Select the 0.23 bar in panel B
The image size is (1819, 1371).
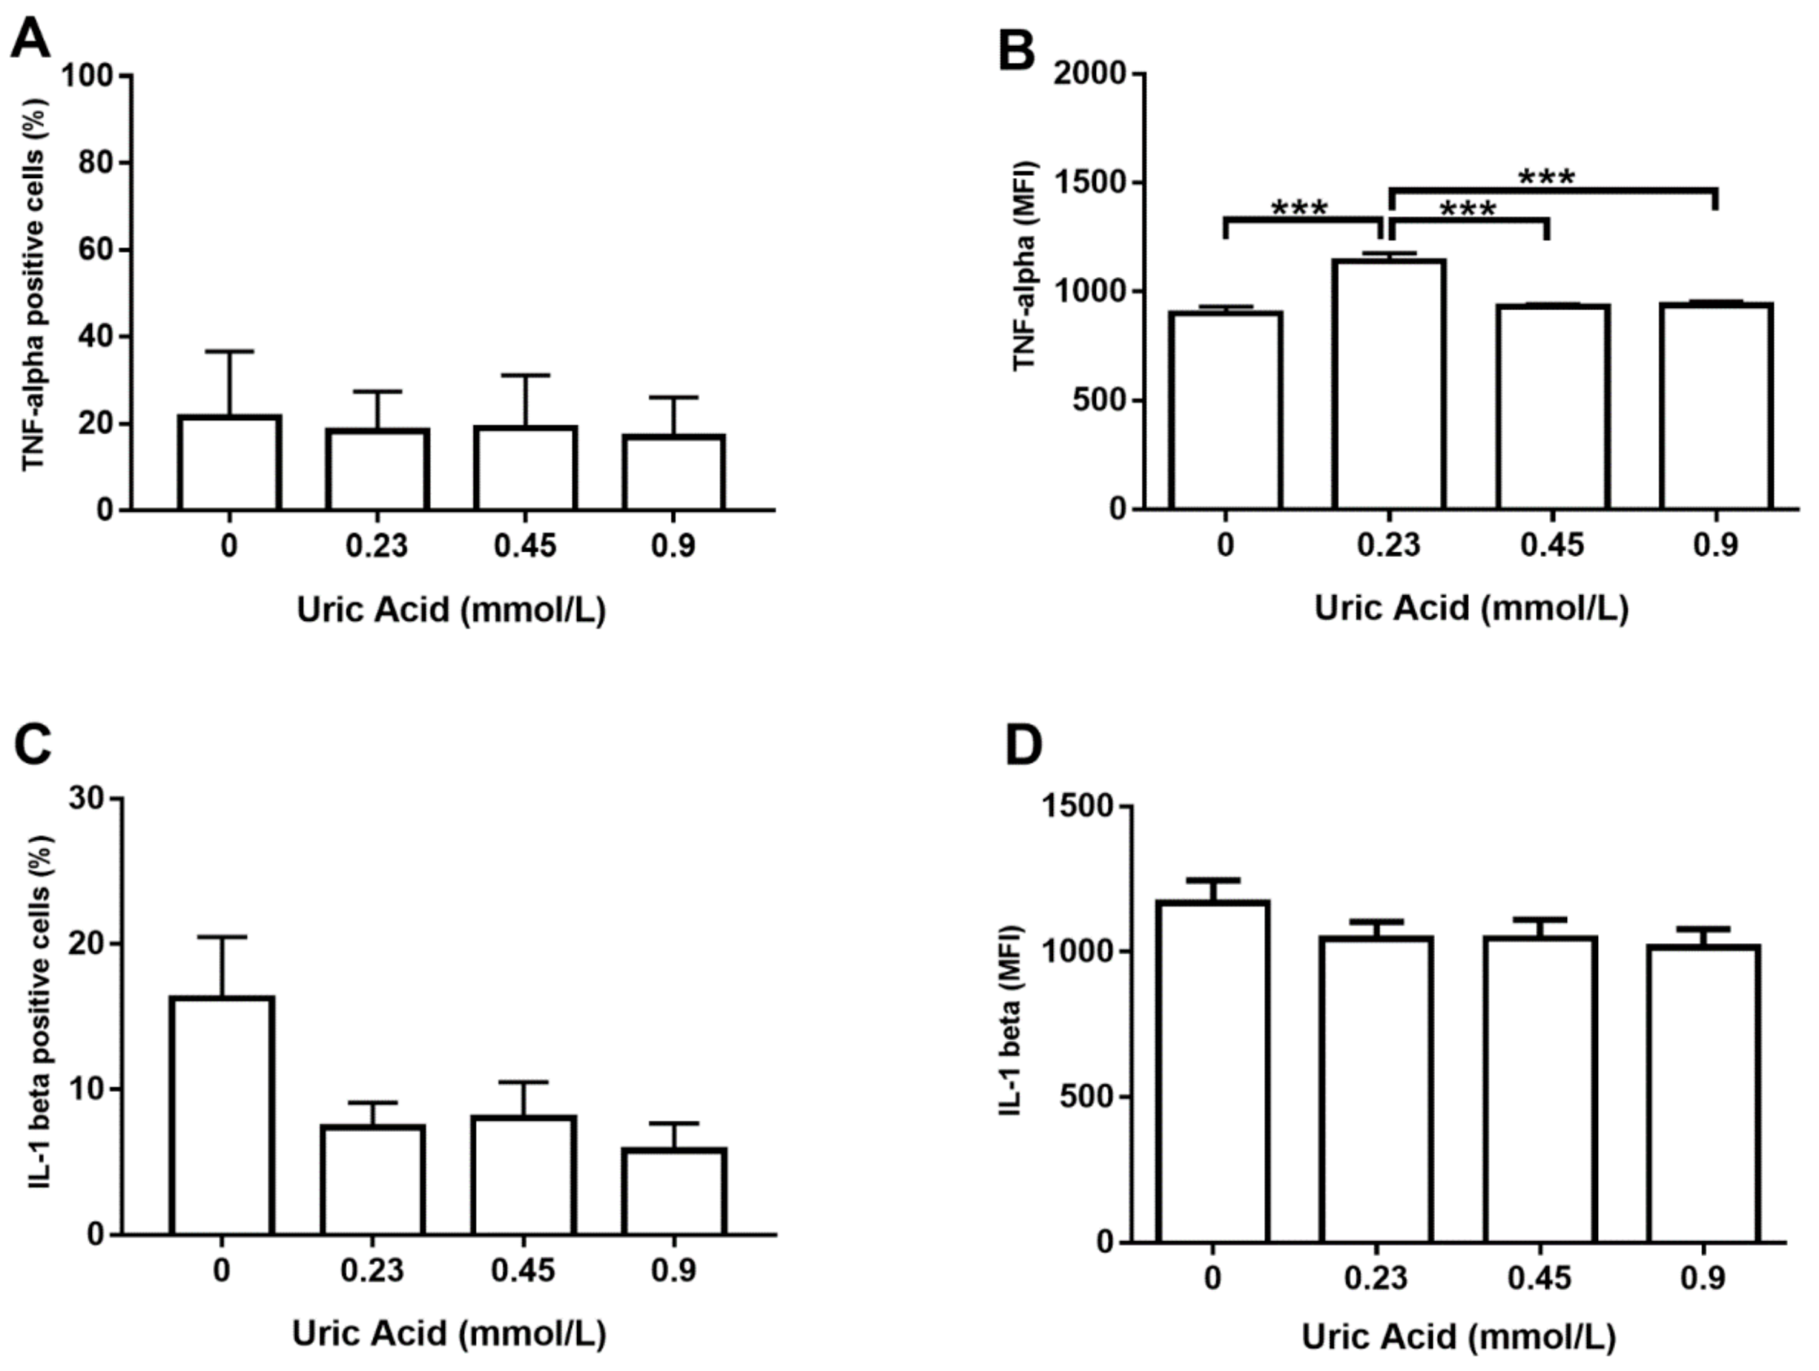pyautogui.click(x=1389, y=385)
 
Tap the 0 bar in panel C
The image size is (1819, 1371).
pyautogui.click(x=222, y=1115)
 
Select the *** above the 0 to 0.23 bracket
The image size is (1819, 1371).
pyautogui.click(x=1299, y=209)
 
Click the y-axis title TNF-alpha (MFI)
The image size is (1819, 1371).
pyautogui.click(x=1026, y=266)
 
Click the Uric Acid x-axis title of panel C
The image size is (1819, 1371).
pyautogui.click(x=449, y=1332)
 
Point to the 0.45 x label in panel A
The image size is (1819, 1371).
pyautogui.click(x=525, y=546)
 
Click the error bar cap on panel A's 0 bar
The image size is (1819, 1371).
pyautogui.click(x=230, y=351)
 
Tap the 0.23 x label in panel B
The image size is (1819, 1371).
pyautogui.click(x=1389, y=546)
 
